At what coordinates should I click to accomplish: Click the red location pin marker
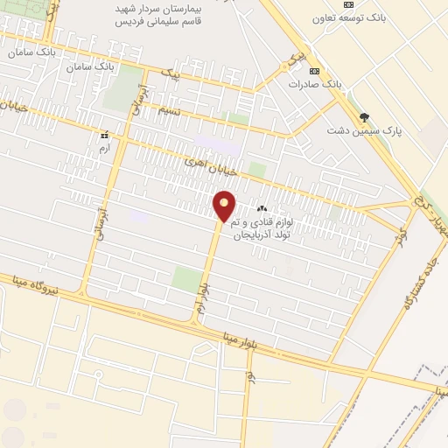click(x=225, y=206)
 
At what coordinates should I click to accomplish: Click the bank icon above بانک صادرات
click(x=315, y=72)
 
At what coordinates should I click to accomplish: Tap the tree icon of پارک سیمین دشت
click(x=364, y=117)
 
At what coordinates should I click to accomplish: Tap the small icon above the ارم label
click(x=104, y=136)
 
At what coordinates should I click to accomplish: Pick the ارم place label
click(x=104, y=148)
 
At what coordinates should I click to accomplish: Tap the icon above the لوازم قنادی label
click(x=261, y=209)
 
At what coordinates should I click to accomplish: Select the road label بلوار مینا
click(x=263, y=343)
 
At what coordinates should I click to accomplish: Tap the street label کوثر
click(x=402, y=235)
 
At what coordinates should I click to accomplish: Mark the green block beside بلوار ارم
click(x=185, y=279)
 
